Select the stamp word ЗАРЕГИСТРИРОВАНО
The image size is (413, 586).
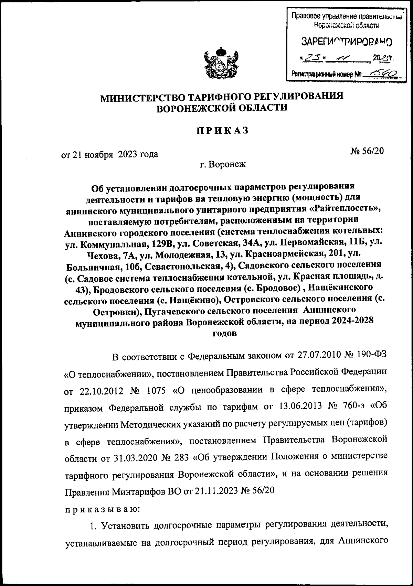pos(347,42)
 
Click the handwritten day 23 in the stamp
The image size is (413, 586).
pos(309,57)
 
